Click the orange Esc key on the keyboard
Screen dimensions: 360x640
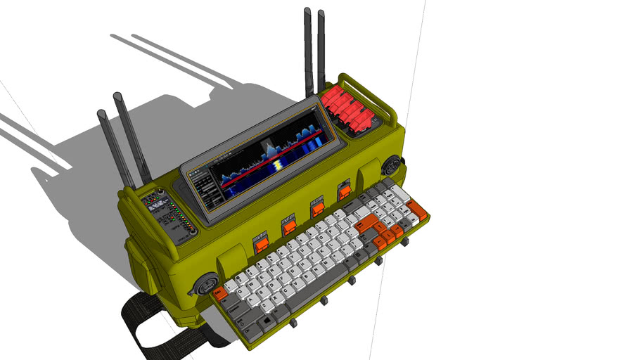pyautogui.click(x=219, y=292)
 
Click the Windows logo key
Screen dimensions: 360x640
pyautogui.click(x=268, y=321)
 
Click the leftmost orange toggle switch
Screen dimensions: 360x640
pyautogui.click(x=262, y=245)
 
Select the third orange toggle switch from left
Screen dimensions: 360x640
pyautogui.click(x=318, y=208)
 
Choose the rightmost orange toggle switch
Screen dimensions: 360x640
pyautogui.click(x=345, y=191)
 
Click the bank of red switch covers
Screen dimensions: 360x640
pyautogui.click(x=350, y=109)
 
